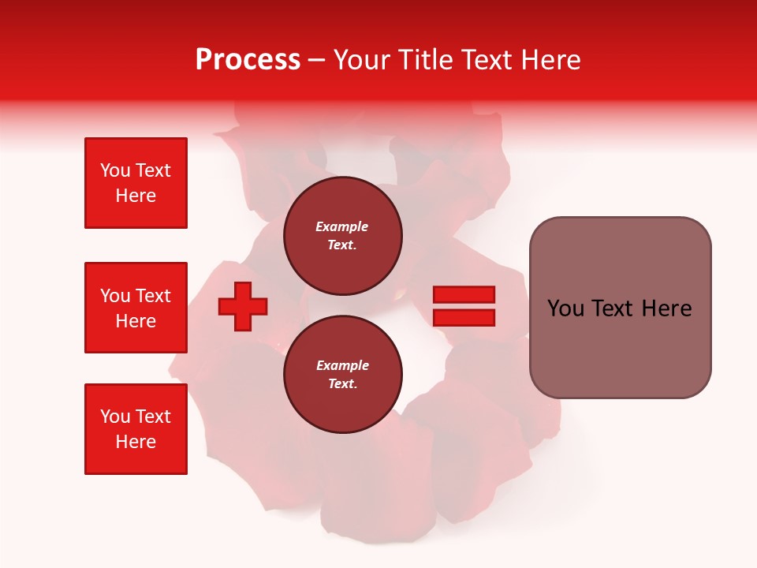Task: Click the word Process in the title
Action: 248,60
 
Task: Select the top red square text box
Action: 136,183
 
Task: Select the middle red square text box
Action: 136,308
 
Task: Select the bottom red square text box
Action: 136,429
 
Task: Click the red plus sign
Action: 243,306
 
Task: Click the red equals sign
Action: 464,306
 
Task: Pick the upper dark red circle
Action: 342,235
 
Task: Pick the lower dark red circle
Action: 342,374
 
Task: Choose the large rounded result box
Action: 620,308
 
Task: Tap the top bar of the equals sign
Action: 464,295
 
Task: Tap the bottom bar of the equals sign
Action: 464,317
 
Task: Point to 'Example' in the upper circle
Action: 342,226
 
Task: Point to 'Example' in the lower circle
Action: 342,365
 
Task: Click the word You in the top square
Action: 114,170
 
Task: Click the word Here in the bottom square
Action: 136,442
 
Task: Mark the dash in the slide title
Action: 316,61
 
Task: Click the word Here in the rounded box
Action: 666,308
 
